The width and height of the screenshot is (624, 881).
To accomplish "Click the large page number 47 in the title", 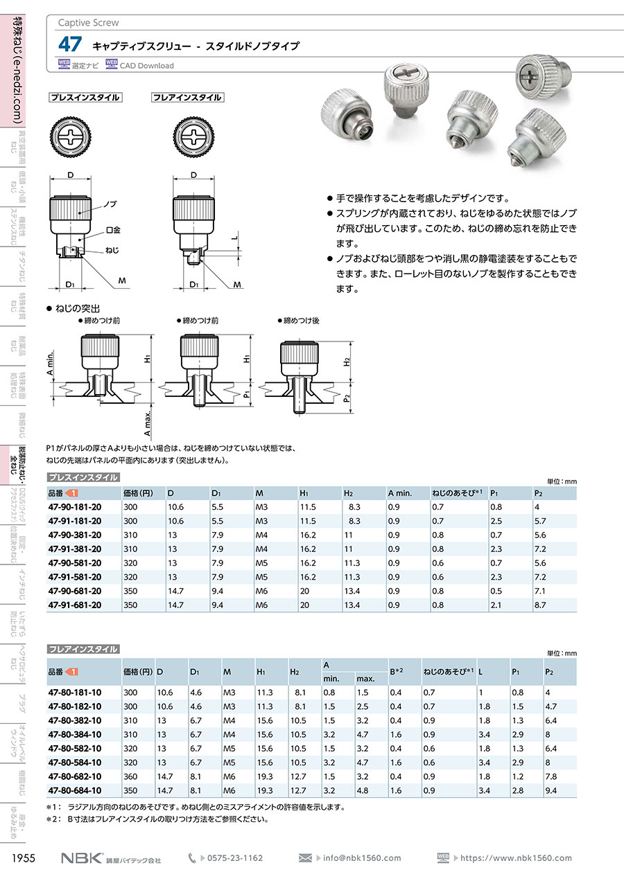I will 69,45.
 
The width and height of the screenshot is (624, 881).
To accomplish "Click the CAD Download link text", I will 146,66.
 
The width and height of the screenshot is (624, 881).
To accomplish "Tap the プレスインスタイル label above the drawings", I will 85,98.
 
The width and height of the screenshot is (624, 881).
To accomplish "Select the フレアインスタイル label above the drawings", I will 187,98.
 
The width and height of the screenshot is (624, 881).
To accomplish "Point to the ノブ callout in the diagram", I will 110,205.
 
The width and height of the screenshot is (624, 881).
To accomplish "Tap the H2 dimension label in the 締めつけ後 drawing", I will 347,361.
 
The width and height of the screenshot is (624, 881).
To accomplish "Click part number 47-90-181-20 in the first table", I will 75,507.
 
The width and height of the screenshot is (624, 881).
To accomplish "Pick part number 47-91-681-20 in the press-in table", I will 75,605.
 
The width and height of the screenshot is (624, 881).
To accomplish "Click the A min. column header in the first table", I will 400,492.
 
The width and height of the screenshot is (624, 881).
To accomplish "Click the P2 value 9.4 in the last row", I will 551,790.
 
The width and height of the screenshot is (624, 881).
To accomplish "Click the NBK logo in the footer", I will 82,858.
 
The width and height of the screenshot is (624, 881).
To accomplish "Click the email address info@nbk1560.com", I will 362,858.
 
